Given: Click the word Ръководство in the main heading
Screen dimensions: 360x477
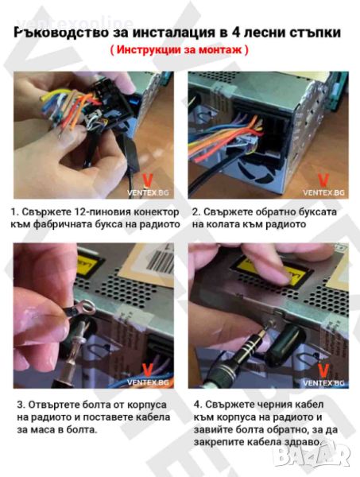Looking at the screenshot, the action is [x=61, y=33].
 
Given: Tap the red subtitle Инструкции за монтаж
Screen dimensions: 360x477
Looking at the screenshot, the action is [x=180, y=49].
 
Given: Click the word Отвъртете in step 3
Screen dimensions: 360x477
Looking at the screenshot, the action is [x=52, y=405].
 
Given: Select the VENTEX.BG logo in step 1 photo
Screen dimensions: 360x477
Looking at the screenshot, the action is [x=148, y=185].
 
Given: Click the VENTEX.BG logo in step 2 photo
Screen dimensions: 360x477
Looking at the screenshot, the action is [x=323, y=185].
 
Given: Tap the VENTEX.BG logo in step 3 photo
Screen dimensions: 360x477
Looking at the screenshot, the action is [x=148, y=375].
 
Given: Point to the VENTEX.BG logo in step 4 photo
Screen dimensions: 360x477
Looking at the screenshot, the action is [x=323, y=375].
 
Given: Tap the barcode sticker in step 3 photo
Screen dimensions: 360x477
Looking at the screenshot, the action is [x=159, y=261].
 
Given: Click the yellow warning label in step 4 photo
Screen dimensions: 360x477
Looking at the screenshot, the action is [x=271, y=271].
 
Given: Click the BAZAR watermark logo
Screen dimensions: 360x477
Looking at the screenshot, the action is [x=311, y=456].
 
